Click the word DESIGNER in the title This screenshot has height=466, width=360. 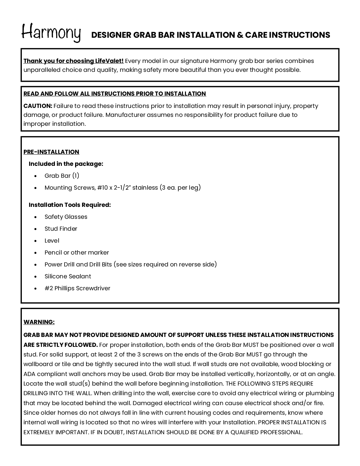(111, 35)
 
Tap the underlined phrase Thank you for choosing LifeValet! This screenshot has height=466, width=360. (73, 61)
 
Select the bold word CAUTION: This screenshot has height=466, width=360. (38, 106)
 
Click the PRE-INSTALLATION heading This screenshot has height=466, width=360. (51, 152)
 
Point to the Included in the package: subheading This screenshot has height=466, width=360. (66, 164)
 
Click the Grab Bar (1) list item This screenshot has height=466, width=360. (62, 176)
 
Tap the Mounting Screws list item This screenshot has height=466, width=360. (122, 188)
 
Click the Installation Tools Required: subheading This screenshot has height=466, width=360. (69, 205)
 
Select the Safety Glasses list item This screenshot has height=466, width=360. (66, 217)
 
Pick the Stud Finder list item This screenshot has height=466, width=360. (61, 229)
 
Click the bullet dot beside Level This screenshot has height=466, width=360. (36, 241)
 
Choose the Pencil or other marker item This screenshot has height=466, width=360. (77, 253)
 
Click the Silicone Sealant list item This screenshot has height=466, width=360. (68, 276)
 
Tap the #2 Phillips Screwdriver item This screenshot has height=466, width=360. (77, 288)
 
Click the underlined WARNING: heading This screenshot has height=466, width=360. (39, 322)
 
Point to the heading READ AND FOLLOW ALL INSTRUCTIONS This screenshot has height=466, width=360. (114, 94)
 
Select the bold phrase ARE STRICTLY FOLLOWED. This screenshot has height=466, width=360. (61, 345)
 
